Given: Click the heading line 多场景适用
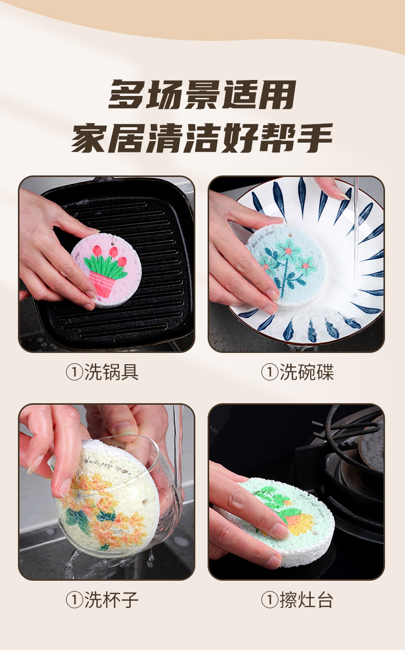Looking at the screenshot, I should point(202,95).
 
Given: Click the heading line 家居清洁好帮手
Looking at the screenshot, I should point(202,137).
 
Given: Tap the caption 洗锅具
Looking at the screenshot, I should point(111,372).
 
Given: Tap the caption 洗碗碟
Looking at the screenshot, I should point(307,372).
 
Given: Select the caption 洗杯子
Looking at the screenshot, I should point(111,599).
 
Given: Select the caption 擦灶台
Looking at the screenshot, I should point(307,599).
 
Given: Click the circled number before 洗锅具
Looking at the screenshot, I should point(74,372).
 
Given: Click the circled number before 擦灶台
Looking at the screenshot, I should point(270,599).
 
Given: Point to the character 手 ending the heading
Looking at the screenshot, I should point(313,137).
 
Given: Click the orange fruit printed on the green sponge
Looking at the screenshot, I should point(299,523).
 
